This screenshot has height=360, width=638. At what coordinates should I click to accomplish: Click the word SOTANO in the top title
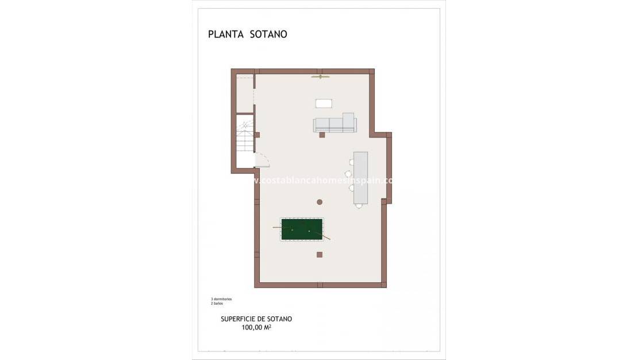(x=268, y=35)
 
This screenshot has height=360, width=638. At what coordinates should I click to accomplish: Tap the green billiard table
(x=301, y=229)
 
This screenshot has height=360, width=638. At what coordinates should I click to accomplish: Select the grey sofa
(x=335, y=124)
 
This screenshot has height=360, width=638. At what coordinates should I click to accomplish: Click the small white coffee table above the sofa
(x=324, y=104)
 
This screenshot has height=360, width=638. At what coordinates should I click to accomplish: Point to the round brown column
(x=320, y=202)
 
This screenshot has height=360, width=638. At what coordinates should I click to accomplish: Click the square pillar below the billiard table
(x=320, y=254)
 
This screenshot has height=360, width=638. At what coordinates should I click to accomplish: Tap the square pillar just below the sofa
(x=322, y=135)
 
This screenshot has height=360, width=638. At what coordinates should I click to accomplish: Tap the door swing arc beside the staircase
(x=262, y=159)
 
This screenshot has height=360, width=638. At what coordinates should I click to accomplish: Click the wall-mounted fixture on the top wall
(x=320, y=76)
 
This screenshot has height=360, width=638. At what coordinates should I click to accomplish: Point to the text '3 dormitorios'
(x=221, y=299)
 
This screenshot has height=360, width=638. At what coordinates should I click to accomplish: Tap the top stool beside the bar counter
(x=351, y=163)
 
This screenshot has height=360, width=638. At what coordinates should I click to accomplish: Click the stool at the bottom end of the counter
(x=359, y=205)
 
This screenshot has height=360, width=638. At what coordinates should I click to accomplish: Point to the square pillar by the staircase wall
(x=257, y=135)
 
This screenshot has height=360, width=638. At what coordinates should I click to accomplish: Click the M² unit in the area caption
(x=268, y=327)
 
